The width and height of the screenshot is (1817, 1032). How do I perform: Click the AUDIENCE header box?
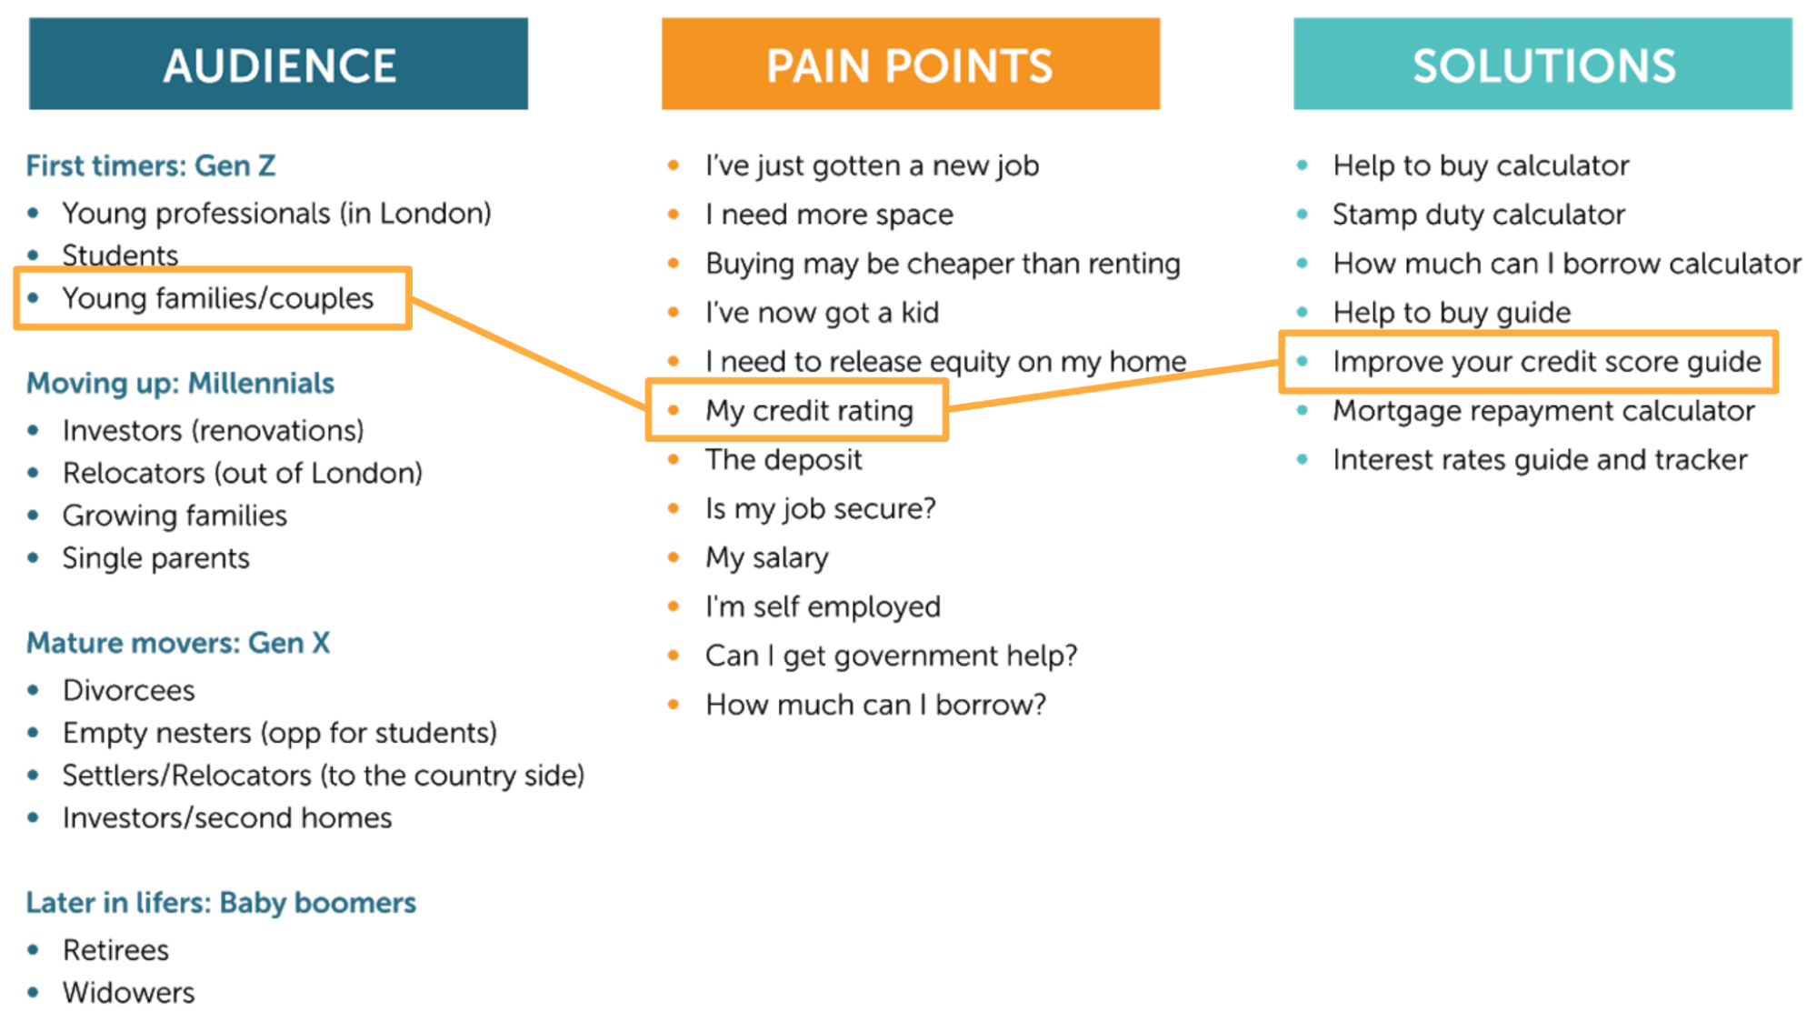tap(278, 64)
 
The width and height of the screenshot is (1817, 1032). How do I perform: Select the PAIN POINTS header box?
tap(910, 64)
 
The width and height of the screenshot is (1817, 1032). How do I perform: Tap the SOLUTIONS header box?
tap(1542, 64)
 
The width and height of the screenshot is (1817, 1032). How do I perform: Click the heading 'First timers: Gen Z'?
tap(151, 165)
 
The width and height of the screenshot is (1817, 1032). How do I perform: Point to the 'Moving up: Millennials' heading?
tap(180, 383)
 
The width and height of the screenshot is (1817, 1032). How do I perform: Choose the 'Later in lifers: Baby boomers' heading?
tap(221, 902)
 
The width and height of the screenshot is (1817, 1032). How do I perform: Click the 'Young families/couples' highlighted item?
tap(217, 298)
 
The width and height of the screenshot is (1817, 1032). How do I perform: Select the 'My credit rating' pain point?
tap(809, 410)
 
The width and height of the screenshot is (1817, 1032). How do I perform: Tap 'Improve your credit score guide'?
tap(1546, 361)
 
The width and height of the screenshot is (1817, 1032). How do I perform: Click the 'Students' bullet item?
tap(120, 255)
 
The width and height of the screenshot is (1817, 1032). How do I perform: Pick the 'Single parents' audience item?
tap(155, 557)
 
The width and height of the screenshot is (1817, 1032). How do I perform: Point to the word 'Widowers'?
tap(128, 992)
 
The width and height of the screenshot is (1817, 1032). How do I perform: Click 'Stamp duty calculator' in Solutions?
tap(1478, 215)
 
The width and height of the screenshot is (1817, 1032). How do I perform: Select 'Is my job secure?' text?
tap(820, 508)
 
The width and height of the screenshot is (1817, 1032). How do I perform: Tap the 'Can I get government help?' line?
tap(891, 656)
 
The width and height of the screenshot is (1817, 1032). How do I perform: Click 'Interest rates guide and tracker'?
tap(1540, 459)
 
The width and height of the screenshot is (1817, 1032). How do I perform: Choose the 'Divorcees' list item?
tap(128, 690)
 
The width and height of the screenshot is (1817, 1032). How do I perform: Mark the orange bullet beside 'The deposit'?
tap(674, 459)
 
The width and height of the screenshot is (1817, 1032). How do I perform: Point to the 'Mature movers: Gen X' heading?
tap(178, 643)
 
